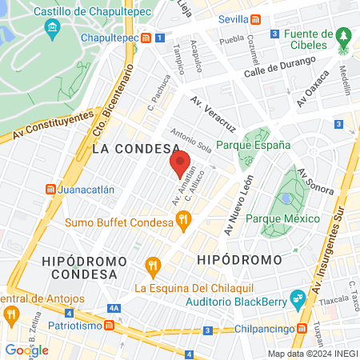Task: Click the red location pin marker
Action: click(x=181, y=163)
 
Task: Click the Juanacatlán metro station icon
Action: click(x=51, y=190)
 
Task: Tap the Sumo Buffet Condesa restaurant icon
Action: click(x=183, y=218)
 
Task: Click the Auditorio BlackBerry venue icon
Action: click(x=298, y=297)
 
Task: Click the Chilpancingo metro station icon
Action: click(x=301, y=329)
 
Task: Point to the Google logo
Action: click(x=26, y=349)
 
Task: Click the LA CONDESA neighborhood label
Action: click(x=135, y=150)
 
